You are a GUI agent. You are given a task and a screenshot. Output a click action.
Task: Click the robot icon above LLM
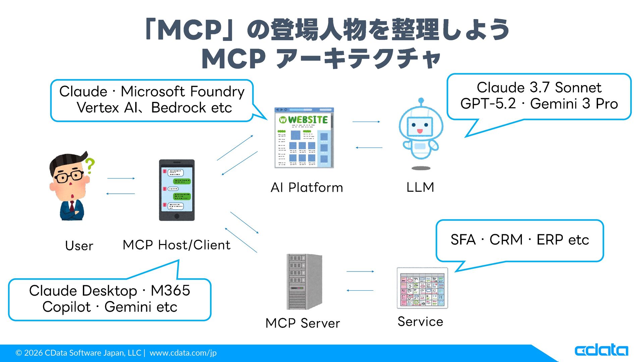[421, 132]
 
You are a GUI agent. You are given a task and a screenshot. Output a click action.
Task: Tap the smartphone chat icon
[177, 190]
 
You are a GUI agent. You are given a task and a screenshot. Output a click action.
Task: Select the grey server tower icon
[304, 282]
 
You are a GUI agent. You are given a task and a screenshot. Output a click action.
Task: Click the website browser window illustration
[304, 138]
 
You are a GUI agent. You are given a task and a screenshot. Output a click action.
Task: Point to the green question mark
[90, 166]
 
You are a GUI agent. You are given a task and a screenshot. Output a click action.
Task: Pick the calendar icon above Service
[422, 288]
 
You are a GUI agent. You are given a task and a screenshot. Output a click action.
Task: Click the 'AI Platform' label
[307, 188]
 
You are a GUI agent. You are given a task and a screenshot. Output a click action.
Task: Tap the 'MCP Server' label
[303, 323]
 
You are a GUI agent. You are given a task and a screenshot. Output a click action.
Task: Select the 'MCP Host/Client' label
[176, 245]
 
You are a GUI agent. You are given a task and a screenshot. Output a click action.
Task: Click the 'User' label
[79, 246]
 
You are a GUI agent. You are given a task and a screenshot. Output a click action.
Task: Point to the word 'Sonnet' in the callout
[578, 88]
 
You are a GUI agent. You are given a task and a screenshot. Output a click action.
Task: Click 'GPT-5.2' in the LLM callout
[488, 104]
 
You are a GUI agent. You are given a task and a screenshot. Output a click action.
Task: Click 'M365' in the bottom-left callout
[170, 291]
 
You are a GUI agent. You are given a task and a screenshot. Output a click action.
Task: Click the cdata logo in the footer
[601, 350]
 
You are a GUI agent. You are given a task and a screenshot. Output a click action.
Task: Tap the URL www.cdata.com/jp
[183, 353]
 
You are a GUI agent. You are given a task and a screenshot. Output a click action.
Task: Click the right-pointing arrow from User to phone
[121, 178]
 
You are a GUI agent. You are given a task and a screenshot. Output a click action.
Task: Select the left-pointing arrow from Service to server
[360, 290]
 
